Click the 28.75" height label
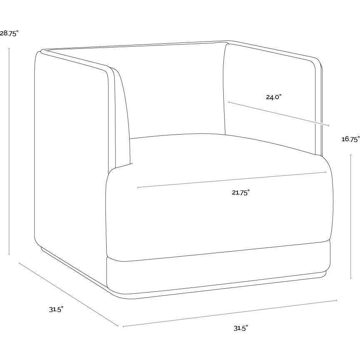click(9, 33)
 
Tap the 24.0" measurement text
click(274, 97)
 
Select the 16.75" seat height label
click(350, 139)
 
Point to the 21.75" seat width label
click(240, 192)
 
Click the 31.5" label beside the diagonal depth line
click(56, 310)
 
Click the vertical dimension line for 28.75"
click(9, 151)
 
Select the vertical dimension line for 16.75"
click(350, 217)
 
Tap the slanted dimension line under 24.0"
click(278, 114)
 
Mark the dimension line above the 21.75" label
click(232, 180)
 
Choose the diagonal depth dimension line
click(68, 294)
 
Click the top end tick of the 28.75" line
click(9, 48)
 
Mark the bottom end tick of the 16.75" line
click(350, 278)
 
